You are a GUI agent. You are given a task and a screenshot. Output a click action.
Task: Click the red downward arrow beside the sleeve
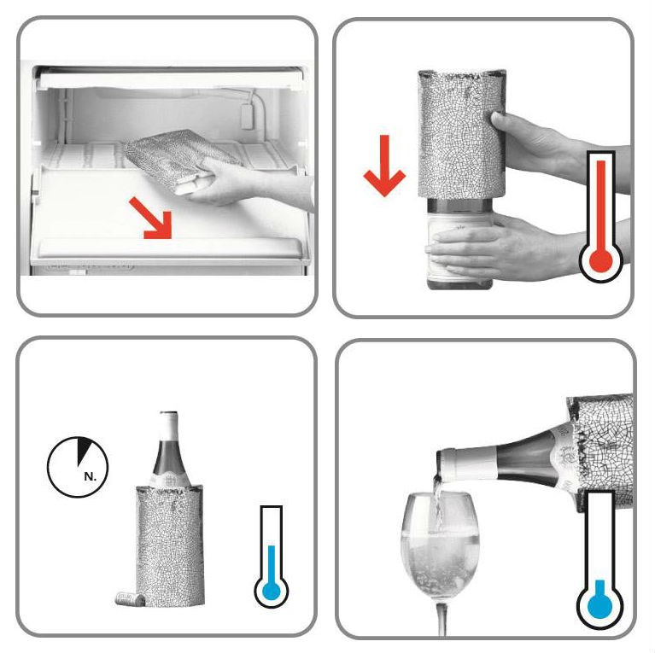[384, 166]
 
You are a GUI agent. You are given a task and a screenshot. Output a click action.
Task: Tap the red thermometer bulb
[600, 261]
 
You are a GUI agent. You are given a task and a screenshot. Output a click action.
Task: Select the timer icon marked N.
[78, 467]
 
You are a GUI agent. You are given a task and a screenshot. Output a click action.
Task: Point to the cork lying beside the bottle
[131, 599]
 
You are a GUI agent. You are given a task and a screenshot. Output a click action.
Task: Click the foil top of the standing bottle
[169, 426]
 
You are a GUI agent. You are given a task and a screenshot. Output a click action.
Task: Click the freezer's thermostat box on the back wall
[247, 115]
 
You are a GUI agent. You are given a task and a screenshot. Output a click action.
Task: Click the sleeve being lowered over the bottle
[462, 134]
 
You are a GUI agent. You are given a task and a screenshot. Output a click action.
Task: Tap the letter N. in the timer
[90, 476]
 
